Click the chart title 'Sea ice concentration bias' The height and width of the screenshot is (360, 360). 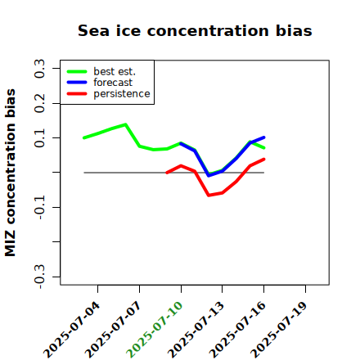195,30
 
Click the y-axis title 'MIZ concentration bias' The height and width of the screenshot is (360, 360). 10,173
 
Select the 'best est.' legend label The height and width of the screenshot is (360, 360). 115,71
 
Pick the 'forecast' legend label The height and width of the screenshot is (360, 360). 113,83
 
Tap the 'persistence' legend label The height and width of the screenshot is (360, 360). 122,94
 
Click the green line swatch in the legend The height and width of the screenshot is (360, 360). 77,71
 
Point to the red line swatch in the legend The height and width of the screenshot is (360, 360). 77,94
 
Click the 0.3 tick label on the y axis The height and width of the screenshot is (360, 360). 39,69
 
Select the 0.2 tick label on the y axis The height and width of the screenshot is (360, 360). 39,103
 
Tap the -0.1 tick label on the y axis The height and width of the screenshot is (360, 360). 39,207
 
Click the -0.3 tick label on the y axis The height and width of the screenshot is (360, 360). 39,277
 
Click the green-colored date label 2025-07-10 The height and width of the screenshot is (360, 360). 155,330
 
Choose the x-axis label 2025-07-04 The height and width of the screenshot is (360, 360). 71,330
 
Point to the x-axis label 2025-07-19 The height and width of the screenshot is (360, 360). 279,330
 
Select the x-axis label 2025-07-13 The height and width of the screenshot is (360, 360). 196,330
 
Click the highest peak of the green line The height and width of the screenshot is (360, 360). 125,124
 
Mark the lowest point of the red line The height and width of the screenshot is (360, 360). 209,196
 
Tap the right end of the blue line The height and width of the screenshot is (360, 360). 264,137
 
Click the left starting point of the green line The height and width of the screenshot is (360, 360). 84,137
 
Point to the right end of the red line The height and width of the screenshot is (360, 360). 264,160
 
